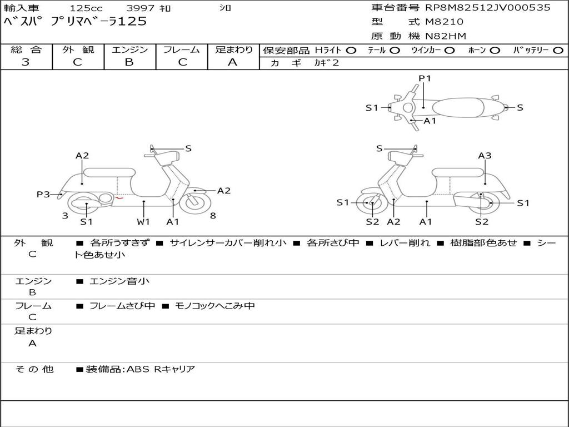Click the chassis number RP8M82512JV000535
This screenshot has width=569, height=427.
[488, 8]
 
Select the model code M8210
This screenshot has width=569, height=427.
[444, 22]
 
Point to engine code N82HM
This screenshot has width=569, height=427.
[446, 36]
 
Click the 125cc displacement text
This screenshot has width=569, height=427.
[86, 8]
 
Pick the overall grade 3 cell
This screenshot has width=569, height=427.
[26, 62]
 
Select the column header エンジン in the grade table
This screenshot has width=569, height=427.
[129, 49]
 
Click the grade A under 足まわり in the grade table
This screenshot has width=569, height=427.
[233, 62]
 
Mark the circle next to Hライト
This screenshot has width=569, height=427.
[351, 50]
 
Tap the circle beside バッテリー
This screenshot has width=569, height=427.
[558, 50]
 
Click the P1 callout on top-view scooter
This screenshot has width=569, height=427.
[425, 78]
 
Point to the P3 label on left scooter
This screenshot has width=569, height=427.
[43, 194]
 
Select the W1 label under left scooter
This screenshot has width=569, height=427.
[144, 222]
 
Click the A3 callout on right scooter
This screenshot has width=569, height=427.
[485, 156]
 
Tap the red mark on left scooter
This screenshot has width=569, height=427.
[119, 197]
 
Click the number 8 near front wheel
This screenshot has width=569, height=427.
[213, 216]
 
